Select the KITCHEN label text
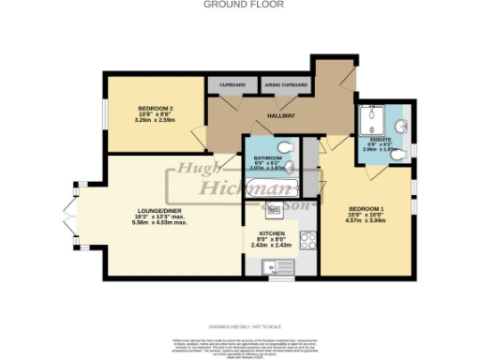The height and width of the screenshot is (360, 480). point(272,232)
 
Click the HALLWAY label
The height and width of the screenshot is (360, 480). point(281,115)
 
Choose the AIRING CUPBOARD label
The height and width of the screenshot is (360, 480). point(285,85)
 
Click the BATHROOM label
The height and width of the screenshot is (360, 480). point(266,157)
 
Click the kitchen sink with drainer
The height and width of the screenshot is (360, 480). point(277,265)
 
